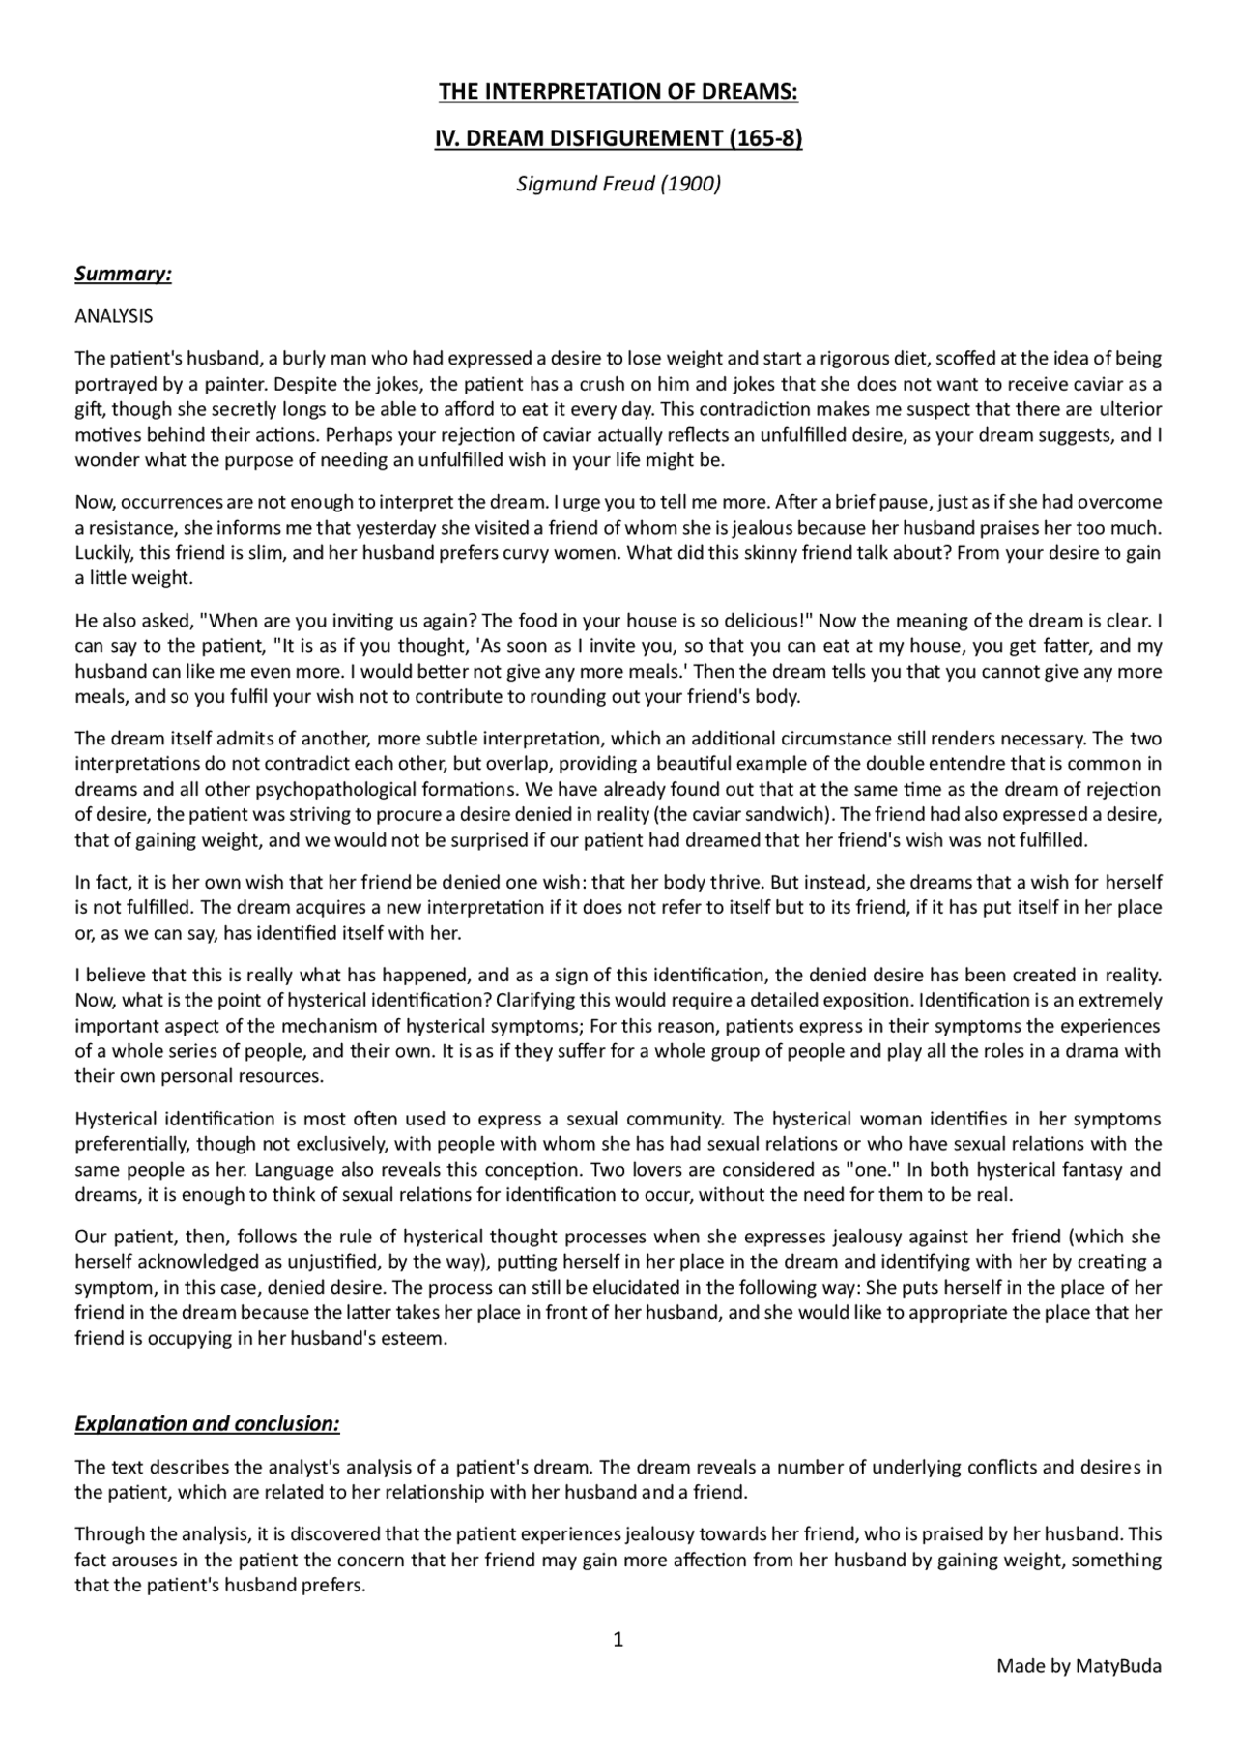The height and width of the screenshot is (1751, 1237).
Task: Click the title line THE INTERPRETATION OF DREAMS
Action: pos(618,92)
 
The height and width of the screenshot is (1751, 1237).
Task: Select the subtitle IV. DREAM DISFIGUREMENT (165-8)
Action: pos(618,138)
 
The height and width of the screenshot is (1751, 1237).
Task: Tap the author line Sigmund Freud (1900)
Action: pos(618,184)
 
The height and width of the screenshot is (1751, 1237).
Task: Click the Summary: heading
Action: pos(123,274)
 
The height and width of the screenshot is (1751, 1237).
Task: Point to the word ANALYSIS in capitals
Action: pos(114,316)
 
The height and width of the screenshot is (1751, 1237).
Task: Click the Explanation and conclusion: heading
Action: pos(207,1424)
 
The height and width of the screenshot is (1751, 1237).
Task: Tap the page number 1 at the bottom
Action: pos(618,1639)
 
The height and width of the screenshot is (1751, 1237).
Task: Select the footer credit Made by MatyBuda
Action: pos(1079,1665)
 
